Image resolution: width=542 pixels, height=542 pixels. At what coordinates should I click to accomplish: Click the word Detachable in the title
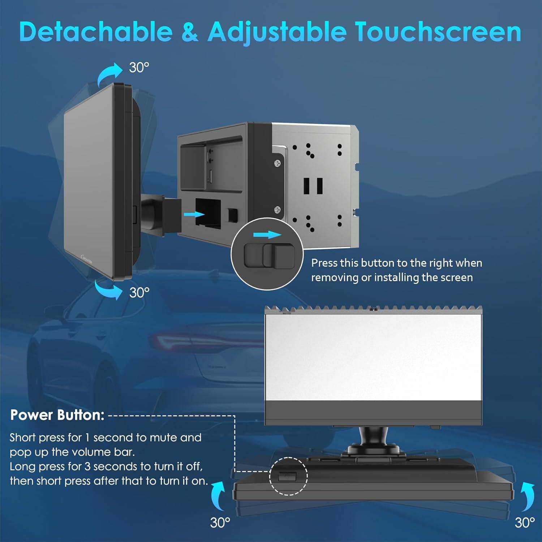coord(96,32)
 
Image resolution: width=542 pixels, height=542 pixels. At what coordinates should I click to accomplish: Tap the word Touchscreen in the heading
coord(438,32)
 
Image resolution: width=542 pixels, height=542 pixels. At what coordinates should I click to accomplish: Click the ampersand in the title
coord(190,32)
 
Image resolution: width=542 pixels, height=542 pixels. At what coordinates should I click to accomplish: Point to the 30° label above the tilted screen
coord(139,68)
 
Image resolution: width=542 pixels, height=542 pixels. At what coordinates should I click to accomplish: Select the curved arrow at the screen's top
coord(110,74)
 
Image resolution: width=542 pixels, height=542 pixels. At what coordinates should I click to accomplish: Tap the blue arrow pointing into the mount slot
coord(194,214)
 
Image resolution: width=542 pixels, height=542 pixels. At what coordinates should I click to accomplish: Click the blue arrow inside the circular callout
coord(267,235)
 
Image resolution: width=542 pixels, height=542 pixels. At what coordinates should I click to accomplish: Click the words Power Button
coord(57,415)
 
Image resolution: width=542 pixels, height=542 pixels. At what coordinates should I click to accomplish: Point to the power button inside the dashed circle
coord(287,476)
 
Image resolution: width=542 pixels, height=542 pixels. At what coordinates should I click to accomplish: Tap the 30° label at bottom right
coord(525,522)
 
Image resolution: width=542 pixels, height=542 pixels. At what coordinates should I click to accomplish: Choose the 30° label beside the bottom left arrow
coord(220,522)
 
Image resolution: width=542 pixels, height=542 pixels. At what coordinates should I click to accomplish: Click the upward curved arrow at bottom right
coord(528,497)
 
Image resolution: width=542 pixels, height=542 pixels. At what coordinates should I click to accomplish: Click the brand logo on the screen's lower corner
coord(87,259)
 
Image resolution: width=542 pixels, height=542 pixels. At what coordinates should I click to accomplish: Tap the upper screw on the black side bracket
coord(277,164)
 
